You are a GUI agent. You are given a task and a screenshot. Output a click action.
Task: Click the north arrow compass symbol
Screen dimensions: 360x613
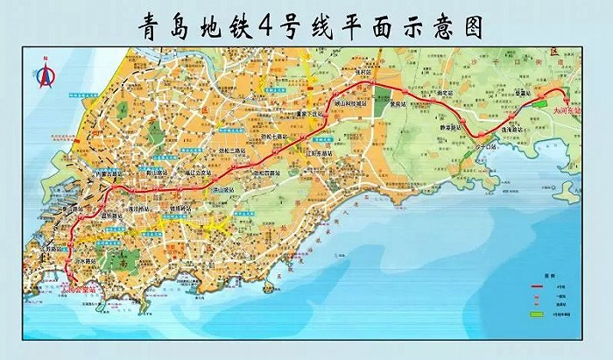click(44, 74)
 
